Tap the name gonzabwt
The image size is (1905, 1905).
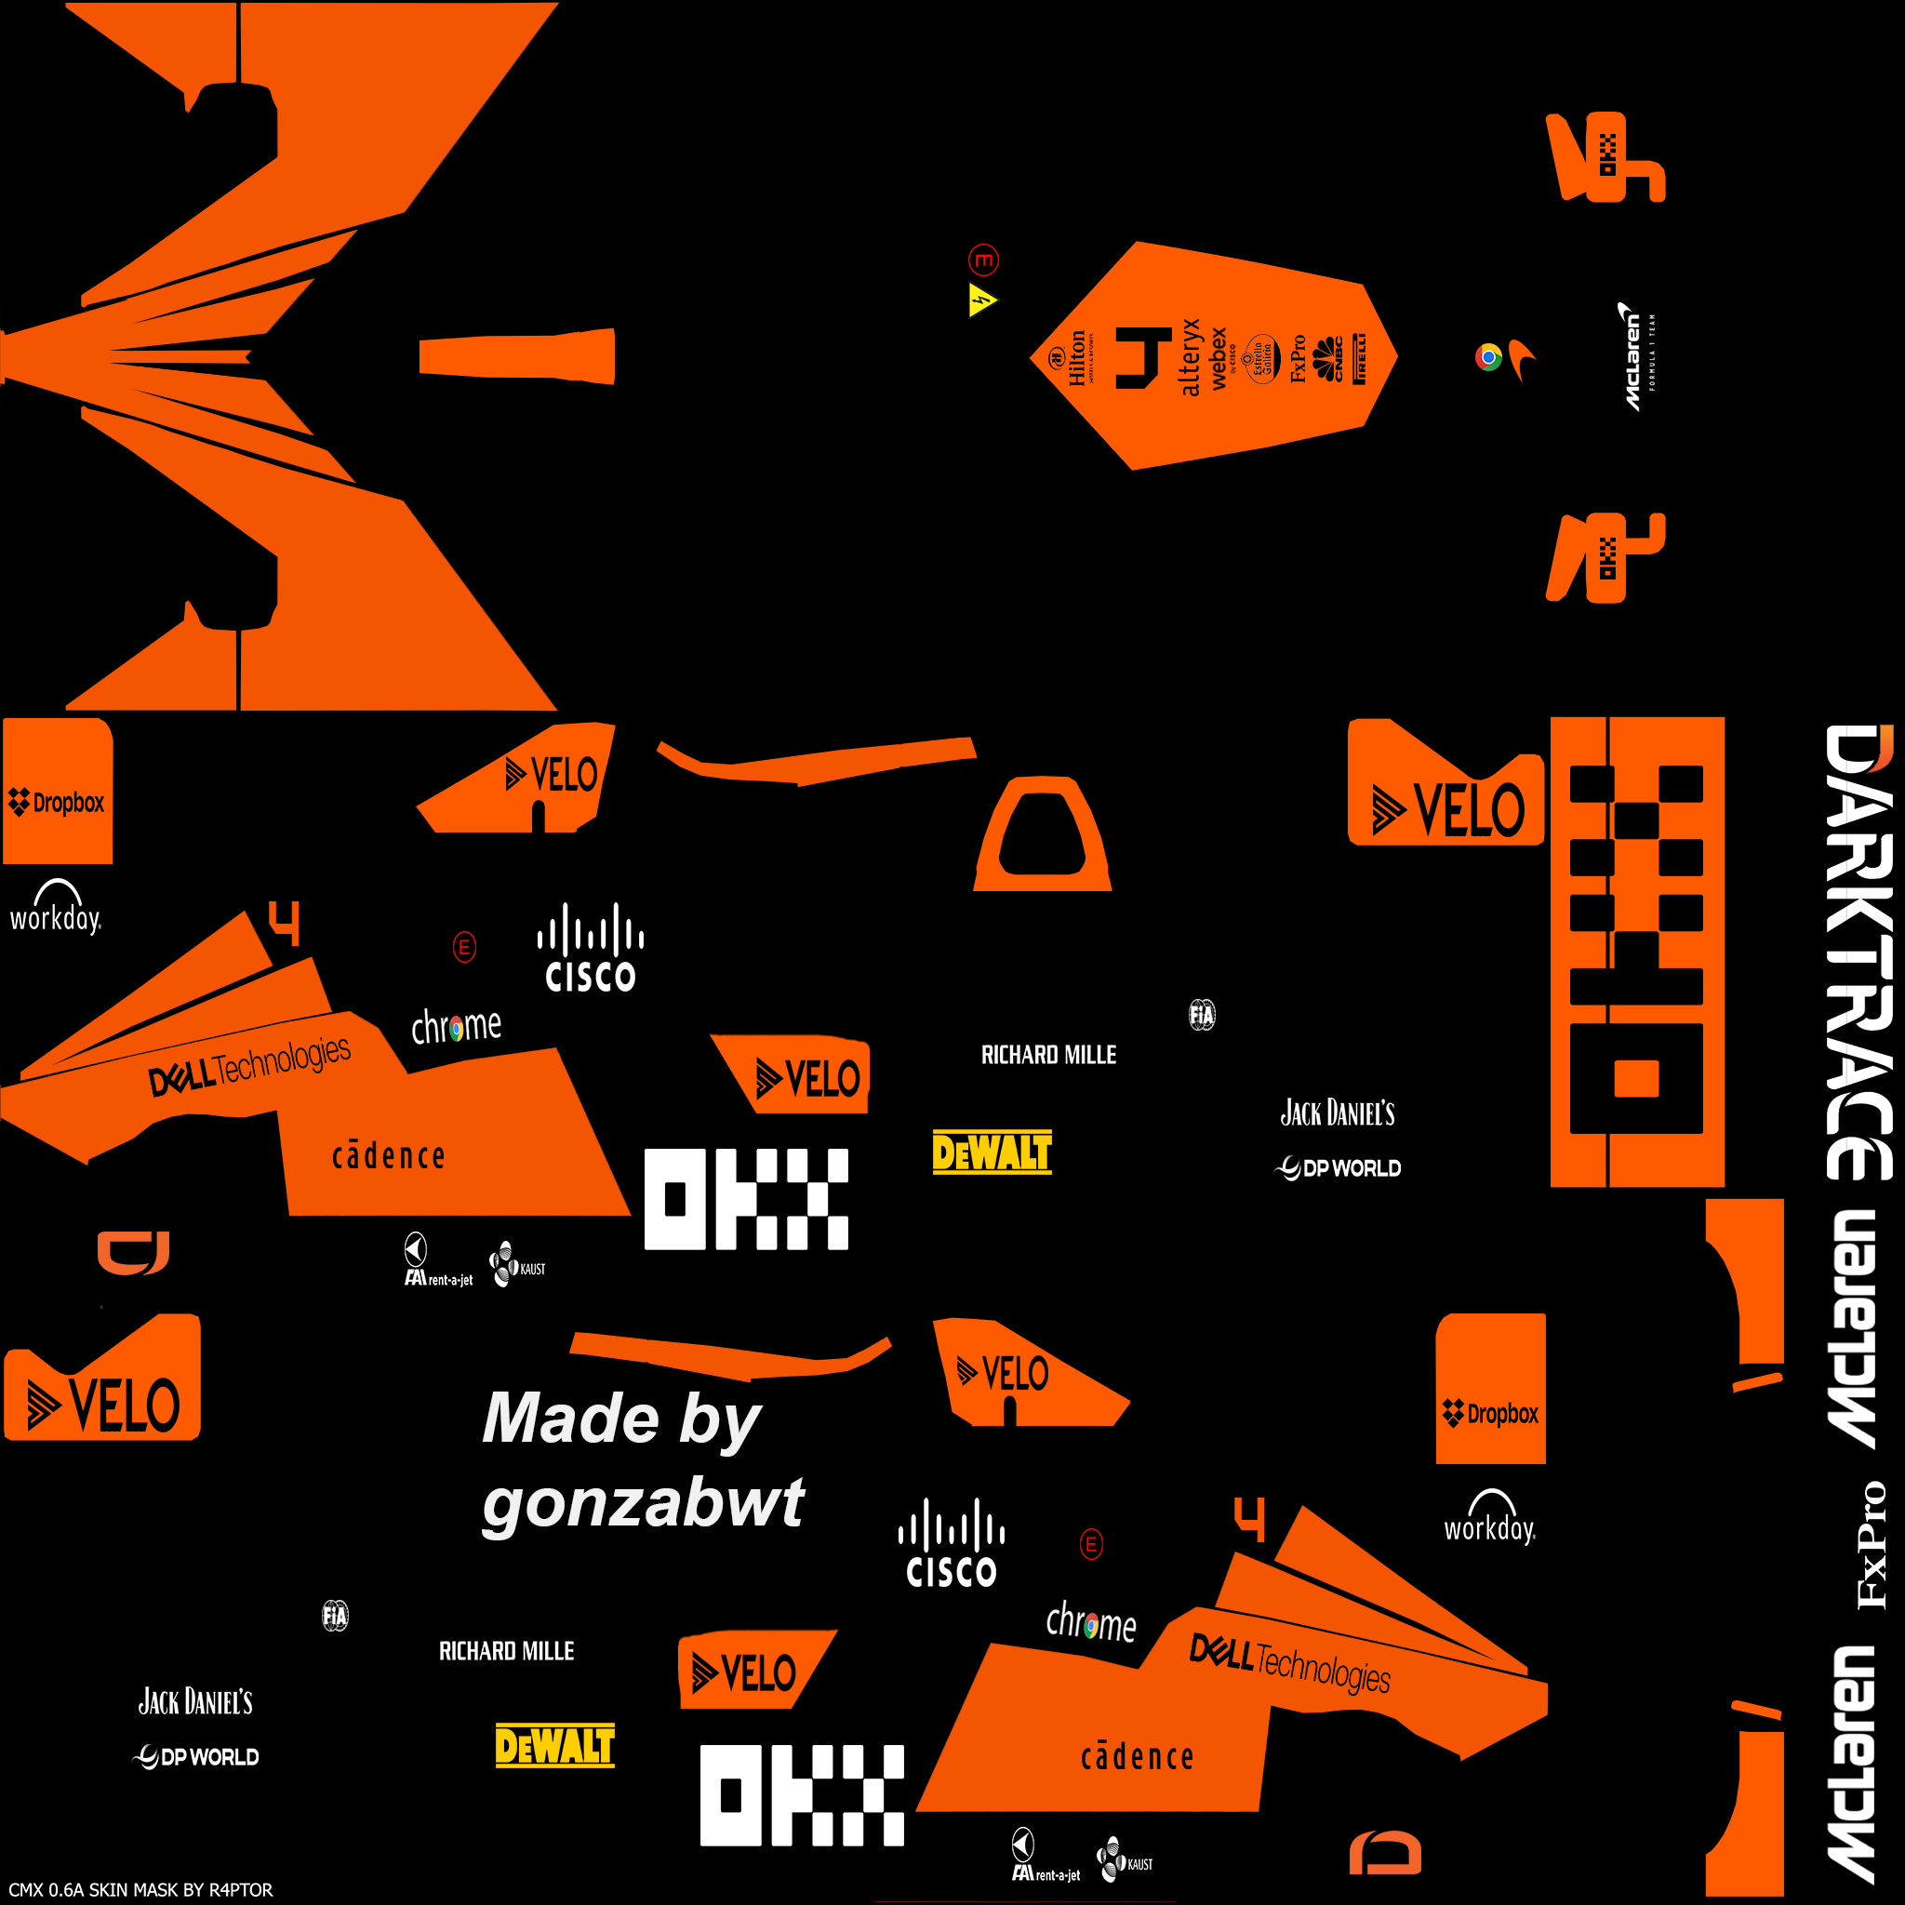(643, 1504)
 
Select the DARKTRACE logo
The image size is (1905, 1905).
(1859, 952)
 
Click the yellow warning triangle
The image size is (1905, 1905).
(981, 300)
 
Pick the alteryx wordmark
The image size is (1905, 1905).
(1190, 357)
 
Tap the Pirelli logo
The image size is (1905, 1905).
(1360, 358)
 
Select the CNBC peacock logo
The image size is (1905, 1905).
(1329, 358)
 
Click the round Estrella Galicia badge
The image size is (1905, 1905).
(1261, 358)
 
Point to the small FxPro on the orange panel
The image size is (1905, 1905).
(1298, 358)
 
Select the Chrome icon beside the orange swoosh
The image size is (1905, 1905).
(1488, 357)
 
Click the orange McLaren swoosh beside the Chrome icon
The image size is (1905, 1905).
(1522, 359)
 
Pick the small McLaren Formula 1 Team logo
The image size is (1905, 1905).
(1638, 356)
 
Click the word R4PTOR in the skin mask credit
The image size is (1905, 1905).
(241, 1889)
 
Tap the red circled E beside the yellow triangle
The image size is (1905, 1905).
(983, 260)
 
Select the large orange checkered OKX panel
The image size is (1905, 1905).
(1637, 952)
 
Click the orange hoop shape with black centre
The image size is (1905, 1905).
(1042, 834)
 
